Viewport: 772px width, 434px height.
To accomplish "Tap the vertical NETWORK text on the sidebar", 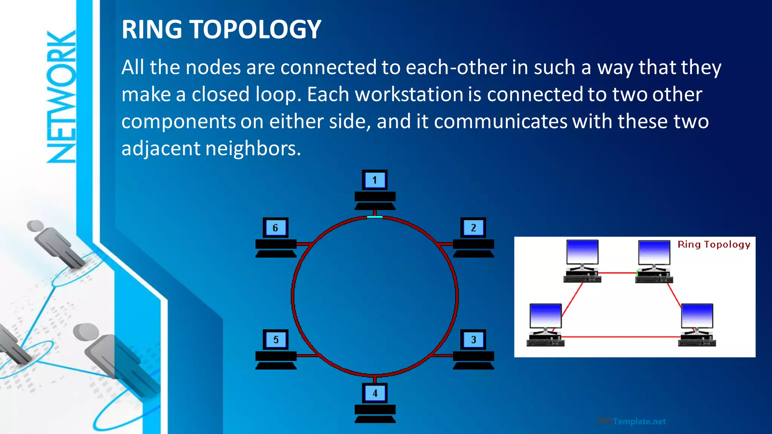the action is [61, 97].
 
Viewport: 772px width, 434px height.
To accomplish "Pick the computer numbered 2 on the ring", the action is [473, 237].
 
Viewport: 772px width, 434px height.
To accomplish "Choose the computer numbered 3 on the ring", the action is [473, 349].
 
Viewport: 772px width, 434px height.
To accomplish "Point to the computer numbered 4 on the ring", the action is [375, 403].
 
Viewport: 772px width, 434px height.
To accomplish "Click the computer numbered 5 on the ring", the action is [276, 349].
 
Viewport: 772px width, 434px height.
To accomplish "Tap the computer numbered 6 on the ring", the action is [276, 237].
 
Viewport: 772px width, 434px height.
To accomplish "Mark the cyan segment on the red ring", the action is [375, 217].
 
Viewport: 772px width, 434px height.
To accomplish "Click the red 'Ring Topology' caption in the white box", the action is [714, 245].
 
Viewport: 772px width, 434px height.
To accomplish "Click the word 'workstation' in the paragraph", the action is [409, 94].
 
